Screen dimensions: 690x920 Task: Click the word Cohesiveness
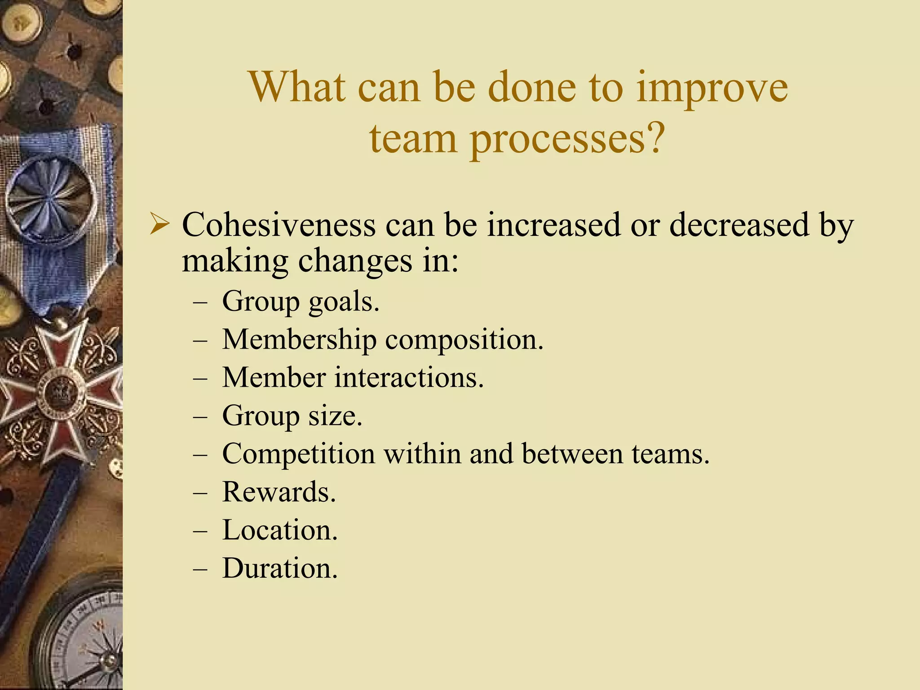tap(279, 224)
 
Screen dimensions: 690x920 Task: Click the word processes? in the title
tap(567, 138)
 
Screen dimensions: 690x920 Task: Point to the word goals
tap(344, 302)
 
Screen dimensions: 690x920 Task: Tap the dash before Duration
tap(200, 569)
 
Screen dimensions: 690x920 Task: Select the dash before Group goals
tap(200, 301)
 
